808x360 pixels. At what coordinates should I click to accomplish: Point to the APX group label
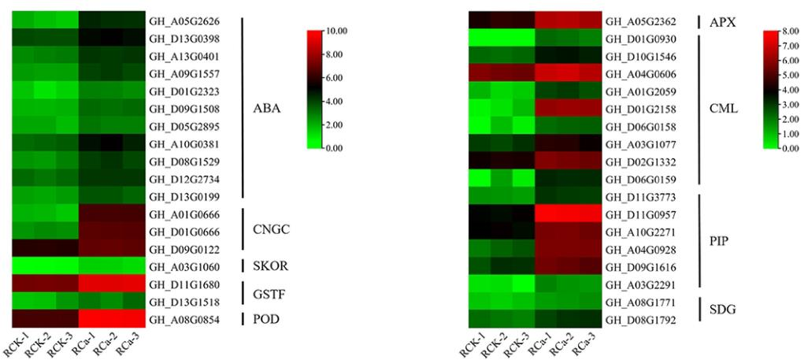(x=722, y=22)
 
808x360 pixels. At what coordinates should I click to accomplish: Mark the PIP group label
(x=719, y=240)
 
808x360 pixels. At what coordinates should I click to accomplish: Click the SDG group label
(x=721, y=310)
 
